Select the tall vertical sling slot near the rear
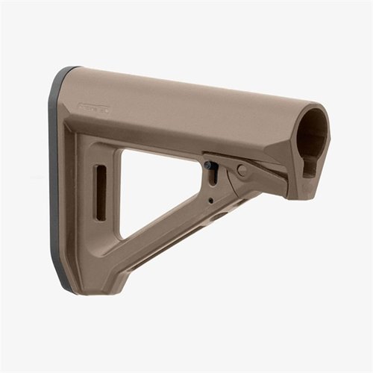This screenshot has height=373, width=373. [x=100, y=192]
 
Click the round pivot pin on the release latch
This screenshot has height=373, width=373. [x=242, y=170]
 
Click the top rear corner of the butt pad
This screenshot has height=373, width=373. [x=71, y=71]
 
